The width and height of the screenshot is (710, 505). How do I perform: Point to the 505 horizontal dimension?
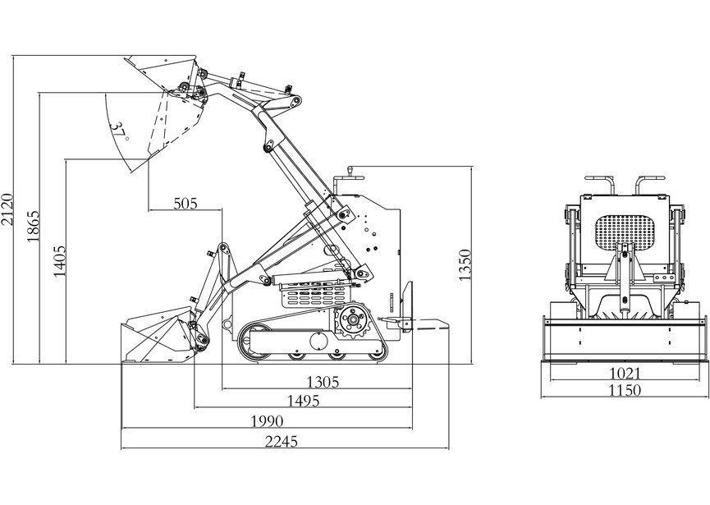[186, 204]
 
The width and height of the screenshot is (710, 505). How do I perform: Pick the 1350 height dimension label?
[465, 264]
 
